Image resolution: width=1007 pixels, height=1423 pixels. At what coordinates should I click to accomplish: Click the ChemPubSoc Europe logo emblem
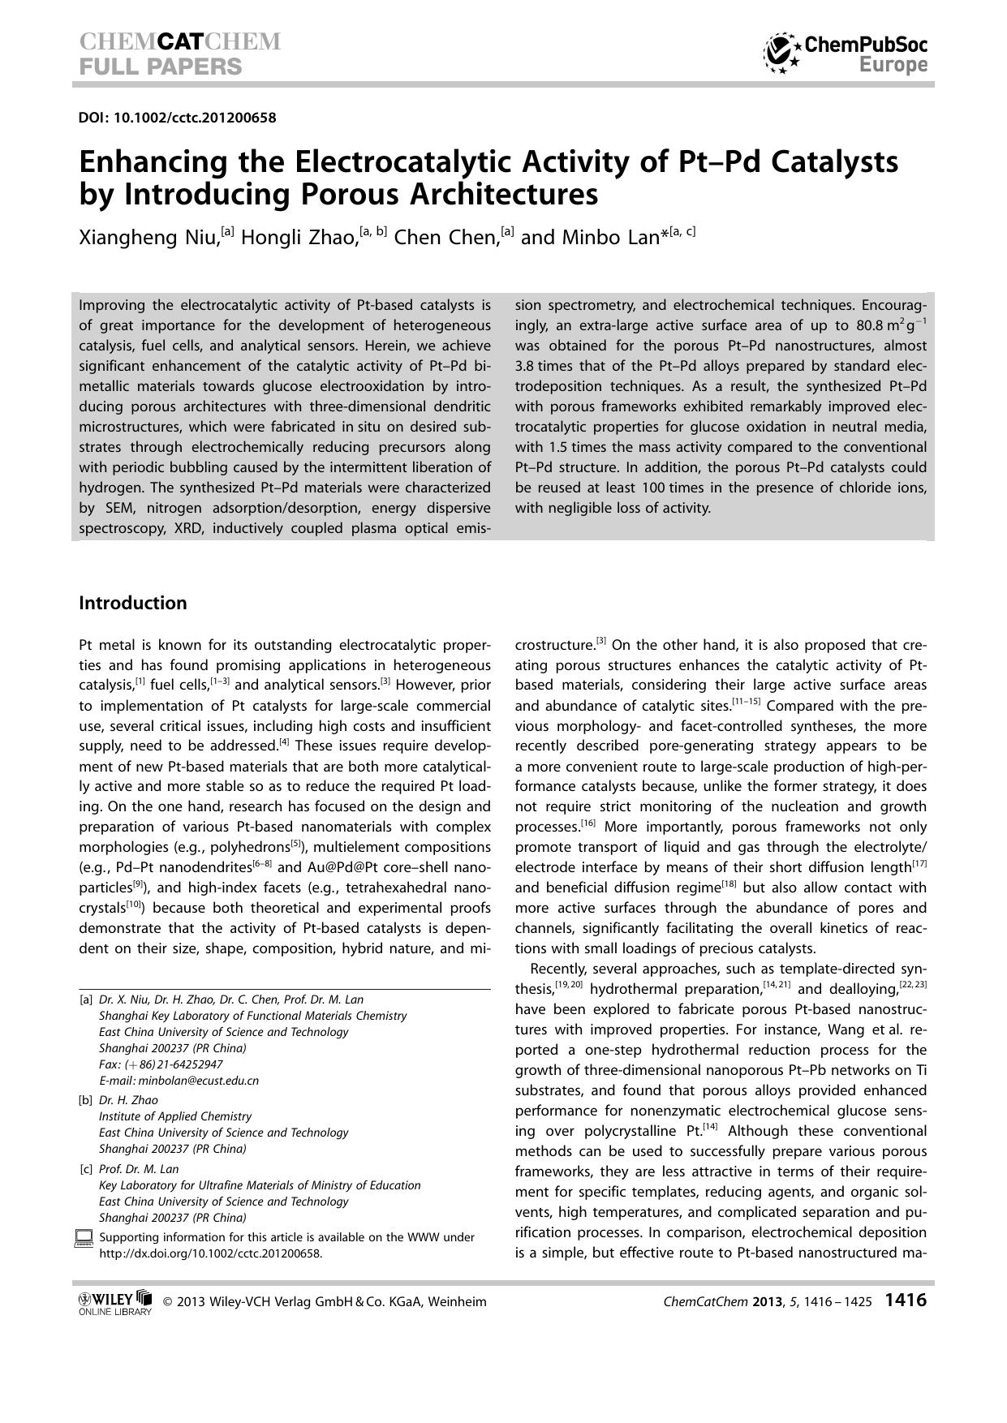click(x=781, y=54)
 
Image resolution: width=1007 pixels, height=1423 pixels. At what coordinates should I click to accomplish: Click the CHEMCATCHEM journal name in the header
click(x=180, y=41)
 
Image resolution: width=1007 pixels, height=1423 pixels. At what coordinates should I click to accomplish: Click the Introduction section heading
click(x=132, y=603)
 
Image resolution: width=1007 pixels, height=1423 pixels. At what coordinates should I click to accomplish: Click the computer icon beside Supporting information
click(x=84, y=1238)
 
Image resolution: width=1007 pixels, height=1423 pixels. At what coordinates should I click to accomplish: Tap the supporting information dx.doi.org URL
click(x=210, y=1253)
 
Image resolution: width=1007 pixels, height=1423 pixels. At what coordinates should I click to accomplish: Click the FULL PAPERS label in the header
click(x=161, y=67)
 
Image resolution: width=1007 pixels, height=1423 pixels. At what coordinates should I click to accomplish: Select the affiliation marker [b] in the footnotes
click(x=85, y=1100)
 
